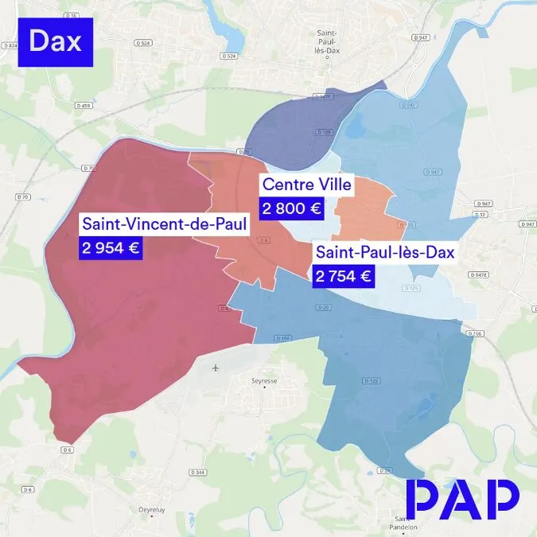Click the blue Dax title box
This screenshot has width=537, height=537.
(x=55, y=41)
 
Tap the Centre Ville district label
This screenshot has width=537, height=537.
(x=307, y=186)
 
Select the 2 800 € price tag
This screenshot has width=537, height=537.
(x=290, y=209)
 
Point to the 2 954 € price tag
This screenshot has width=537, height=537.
(x=110, y=247)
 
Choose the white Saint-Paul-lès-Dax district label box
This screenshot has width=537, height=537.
(x=384, y=253)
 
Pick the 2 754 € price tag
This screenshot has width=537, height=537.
(x=343, y=276)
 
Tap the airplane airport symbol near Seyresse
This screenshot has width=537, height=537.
(x=216, y=368)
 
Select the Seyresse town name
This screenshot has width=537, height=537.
(x=265, y=381)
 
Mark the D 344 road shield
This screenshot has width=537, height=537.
(x=200, y=473)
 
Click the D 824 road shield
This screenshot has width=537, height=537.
(x=10, y=46)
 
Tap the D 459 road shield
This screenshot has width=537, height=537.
(x=85, y=105)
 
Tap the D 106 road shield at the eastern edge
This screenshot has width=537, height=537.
(x=477, y=334)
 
